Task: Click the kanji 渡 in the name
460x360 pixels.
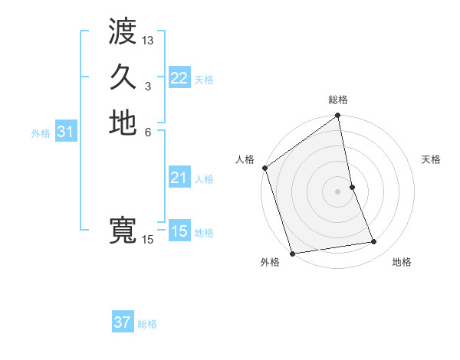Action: (123, 31)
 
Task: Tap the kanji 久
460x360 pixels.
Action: (123, 77)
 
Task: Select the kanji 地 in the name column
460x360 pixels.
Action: (123, 123)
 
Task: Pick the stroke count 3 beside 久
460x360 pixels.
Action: (148, 86)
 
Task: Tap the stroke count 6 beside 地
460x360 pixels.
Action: (148, 132)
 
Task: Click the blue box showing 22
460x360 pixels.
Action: (179, 78)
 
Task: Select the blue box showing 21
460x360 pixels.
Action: (179, 178)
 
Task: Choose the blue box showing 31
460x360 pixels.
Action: (65, 132)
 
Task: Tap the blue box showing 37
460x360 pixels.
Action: (122, 322)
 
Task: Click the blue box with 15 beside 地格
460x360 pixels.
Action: (179, 231)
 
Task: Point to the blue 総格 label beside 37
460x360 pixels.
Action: (147, 324)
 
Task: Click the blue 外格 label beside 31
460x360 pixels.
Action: (41, 133)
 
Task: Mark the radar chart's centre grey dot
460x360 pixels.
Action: (337, 191)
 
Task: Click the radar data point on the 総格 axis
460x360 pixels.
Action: (337, 116)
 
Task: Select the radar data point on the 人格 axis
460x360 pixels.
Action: (264, 168)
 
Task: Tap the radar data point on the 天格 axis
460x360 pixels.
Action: (352, 186)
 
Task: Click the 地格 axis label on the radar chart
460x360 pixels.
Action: (402, 262)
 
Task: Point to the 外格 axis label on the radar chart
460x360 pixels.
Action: (270, 262)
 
